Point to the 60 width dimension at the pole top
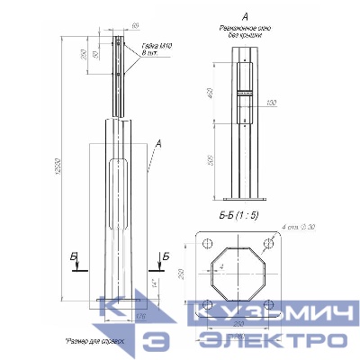coord(135,25)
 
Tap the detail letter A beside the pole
coord(158,143)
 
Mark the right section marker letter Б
coord(166,257)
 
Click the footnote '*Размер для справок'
coord(99,342)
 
